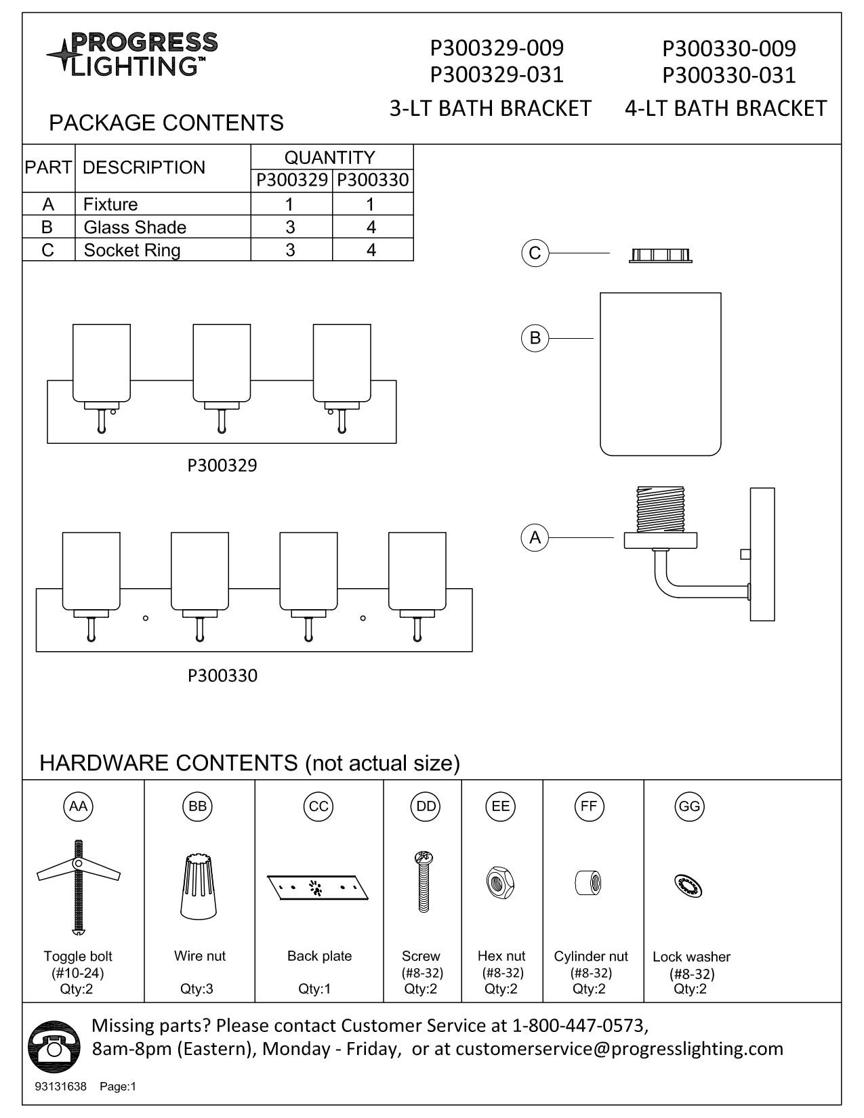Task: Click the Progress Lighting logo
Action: tap(132, 54)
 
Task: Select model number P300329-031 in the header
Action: tap(497, 74)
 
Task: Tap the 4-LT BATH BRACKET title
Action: tap(725, 108)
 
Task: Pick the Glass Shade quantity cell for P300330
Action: tap(371, 227)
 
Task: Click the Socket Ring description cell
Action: tap(132, 250)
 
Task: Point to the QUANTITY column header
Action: tap(329, 157)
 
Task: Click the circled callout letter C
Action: tap(535, 253)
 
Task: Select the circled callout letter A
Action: tap(535, 538)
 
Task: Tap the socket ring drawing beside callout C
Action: tap(661, 255)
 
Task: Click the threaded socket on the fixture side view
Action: tap(661, 508)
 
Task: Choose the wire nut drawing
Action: tap(199, 886)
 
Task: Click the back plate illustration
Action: tap(318, 887)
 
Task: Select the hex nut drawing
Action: tap(501, 884)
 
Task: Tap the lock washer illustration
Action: tap(689, 886)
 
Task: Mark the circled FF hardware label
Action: tap(588, 806)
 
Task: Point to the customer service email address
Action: tap(619, 1049)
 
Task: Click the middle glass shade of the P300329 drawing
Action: tap(222, 363)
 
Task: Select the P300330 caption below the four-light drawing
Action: tap(222, 676)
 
